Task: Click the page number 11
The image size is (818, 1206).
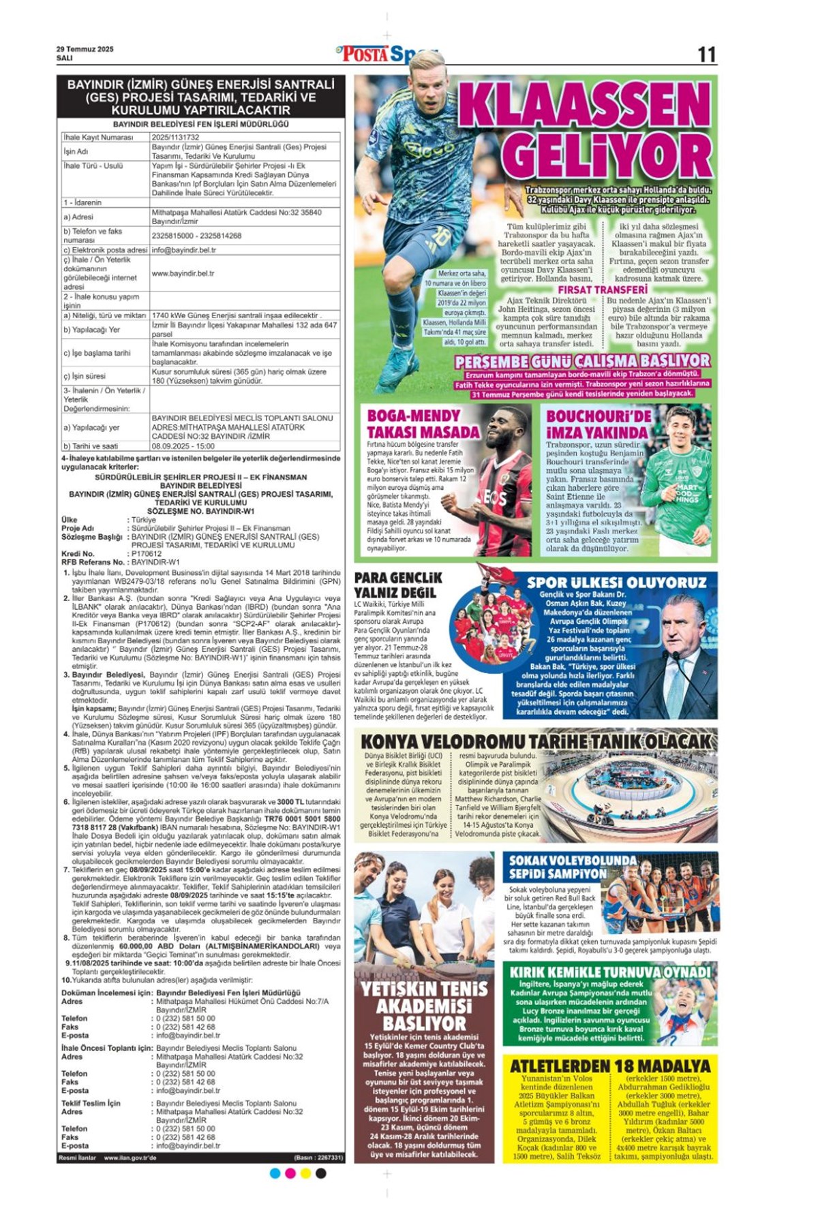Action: (706, 55)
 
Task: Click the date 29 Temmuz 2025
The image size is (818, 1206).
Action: (85, 49)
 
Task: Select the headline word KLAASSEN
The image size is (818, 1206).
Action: (584, 105)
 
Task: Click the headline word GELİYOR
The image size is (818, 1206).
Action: (610, 156)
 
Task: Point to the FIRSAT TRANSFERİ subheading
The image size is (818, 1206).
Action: (603, 290)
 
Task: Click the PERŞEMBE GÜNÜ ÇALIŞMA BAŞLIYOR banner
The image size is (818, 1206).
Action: (582, 361)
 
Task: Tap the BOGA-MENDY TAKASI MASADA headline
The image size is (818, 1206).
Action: (423, 424)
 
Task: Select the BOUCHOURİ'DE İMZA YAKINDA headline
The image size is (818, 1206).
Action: (598, 424)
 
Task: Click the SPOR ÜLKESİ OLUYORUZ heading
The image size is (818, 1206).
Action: (616, 582)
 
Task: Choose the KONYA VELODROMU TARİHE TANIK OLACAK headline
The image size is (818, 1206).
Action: (536, 741)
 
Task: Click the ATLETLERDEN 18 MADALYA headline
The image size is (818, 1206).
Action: (610, 1066)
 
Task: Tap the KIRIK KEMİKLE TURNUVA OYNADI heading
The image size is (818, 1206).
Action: (610, 972)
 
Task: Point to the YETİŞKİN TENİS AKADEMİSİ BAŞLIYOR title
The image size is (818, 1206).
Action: (424, 1006)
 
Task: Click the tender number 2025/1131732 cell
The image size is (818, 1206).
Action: (176, 137)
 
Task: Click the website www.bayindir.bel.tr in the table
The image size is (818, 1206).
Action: (183, 273)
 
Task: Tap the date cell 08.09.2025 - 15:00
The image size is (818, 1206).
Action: (183, 446)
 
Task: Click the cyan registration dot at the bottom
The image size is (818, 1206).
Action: (275, 1173)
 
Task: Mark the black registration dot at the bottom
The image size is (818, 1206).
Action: (321, 1173)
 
